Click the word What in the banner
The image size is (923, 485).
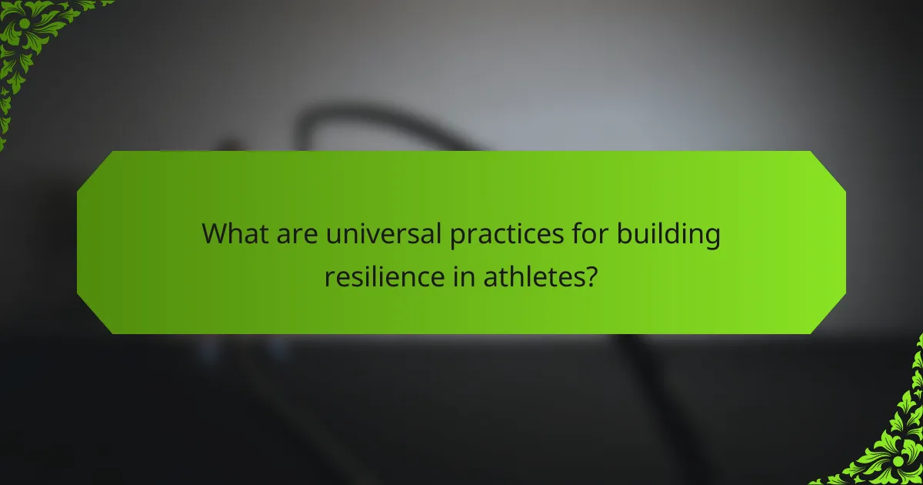pyautogui.click(x=233, y=234)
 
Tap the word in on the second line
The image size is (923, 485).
pyautogui.click(x=465, y=275)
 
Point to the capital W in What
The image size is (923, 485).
pyautogui.click(x=215, y=234)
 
